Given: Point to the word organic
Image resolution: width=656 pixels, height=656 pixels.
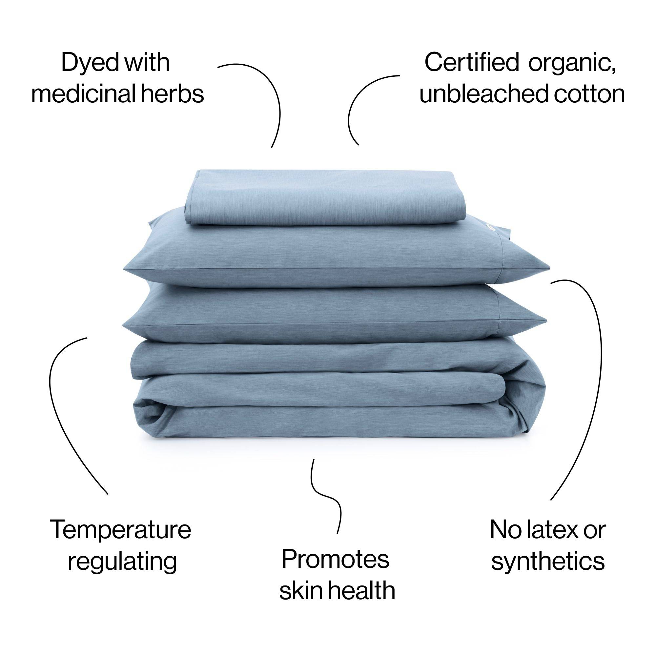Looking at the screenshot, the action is [572, 65].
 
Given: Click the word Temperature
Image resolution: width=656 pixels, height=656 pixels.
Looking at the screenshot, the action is [120, 529].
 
